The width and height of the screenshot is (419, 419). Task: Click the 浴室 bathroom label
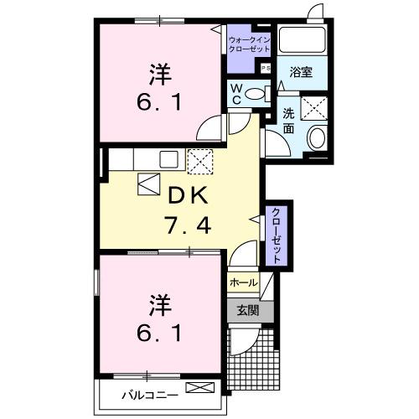[302, 71]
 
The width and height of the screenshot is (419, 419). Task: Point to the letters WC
[238, 93]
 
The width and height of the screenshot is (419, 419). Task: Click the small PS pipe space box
[266, 68]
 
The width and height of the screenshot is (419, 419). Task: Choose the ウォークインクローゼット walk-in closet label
[249, 44]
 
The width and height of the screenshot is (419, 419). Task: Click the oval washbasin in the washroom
[316, 137]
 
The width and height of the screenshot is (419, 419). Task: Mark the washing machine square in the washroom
[316, 108]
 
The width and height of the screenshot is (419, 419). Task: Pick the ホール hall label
[243, 283]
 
